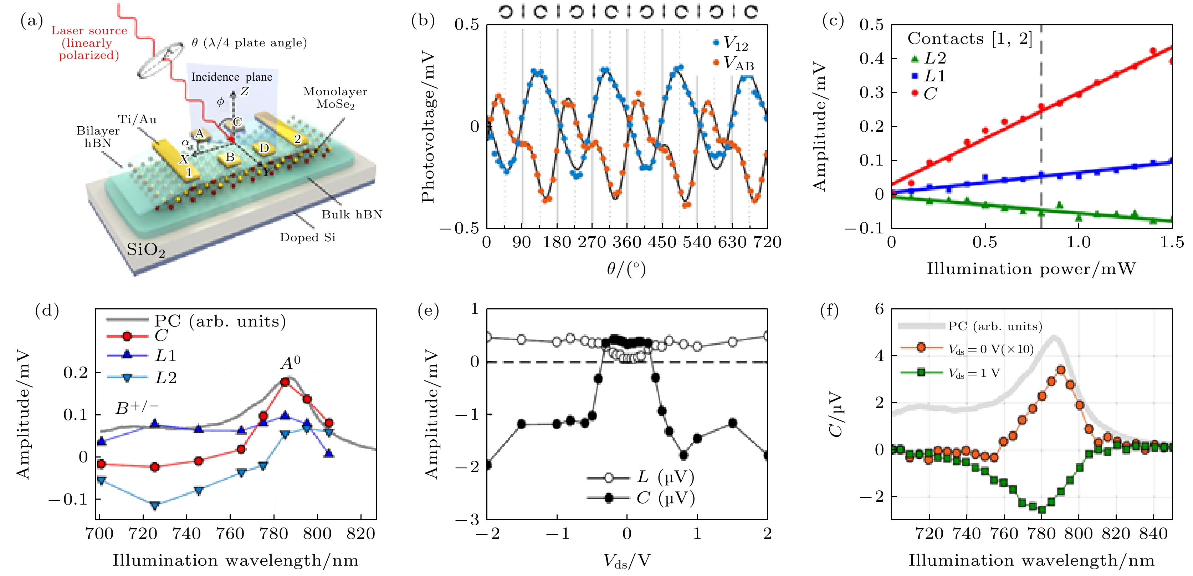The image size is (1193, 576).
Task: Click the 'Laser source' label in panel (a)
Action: pyautogui.click(x=88, y=31)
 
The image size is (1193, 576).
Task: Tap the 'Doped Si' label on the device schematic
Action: pyautogui.click(x=307, y=238)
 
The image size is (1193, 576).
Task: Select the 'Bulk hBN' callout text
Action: pyautogui.click(x=352, y=214)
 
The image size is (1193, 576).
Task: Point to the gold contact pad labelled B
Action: pyautogui.click(x=230, y=157)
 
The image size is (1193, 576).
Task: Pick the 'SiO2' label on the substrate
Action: pyautogui.click(x=145, y=250)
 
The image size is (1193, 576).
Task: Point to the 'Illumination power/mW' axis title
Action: pyautogui.click(x=1031, y=269)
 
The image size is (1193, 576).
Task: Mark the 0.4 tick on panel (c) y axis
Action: pyautogui.click(x=872, y=59)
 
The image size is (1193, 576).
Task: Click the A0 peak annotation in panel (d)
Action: pyautogui.click(x=290, y=363)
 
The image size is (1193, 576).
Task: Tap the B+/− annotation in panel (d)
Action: pyautogui.click(x=137, y=408)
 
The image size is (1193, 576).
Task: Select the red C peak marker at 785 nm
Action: pyautogui.click(x=285, y=382)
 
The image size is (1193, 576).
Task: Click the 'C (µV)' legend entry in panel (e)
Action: pyautogui.click(x=665, y=498)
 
